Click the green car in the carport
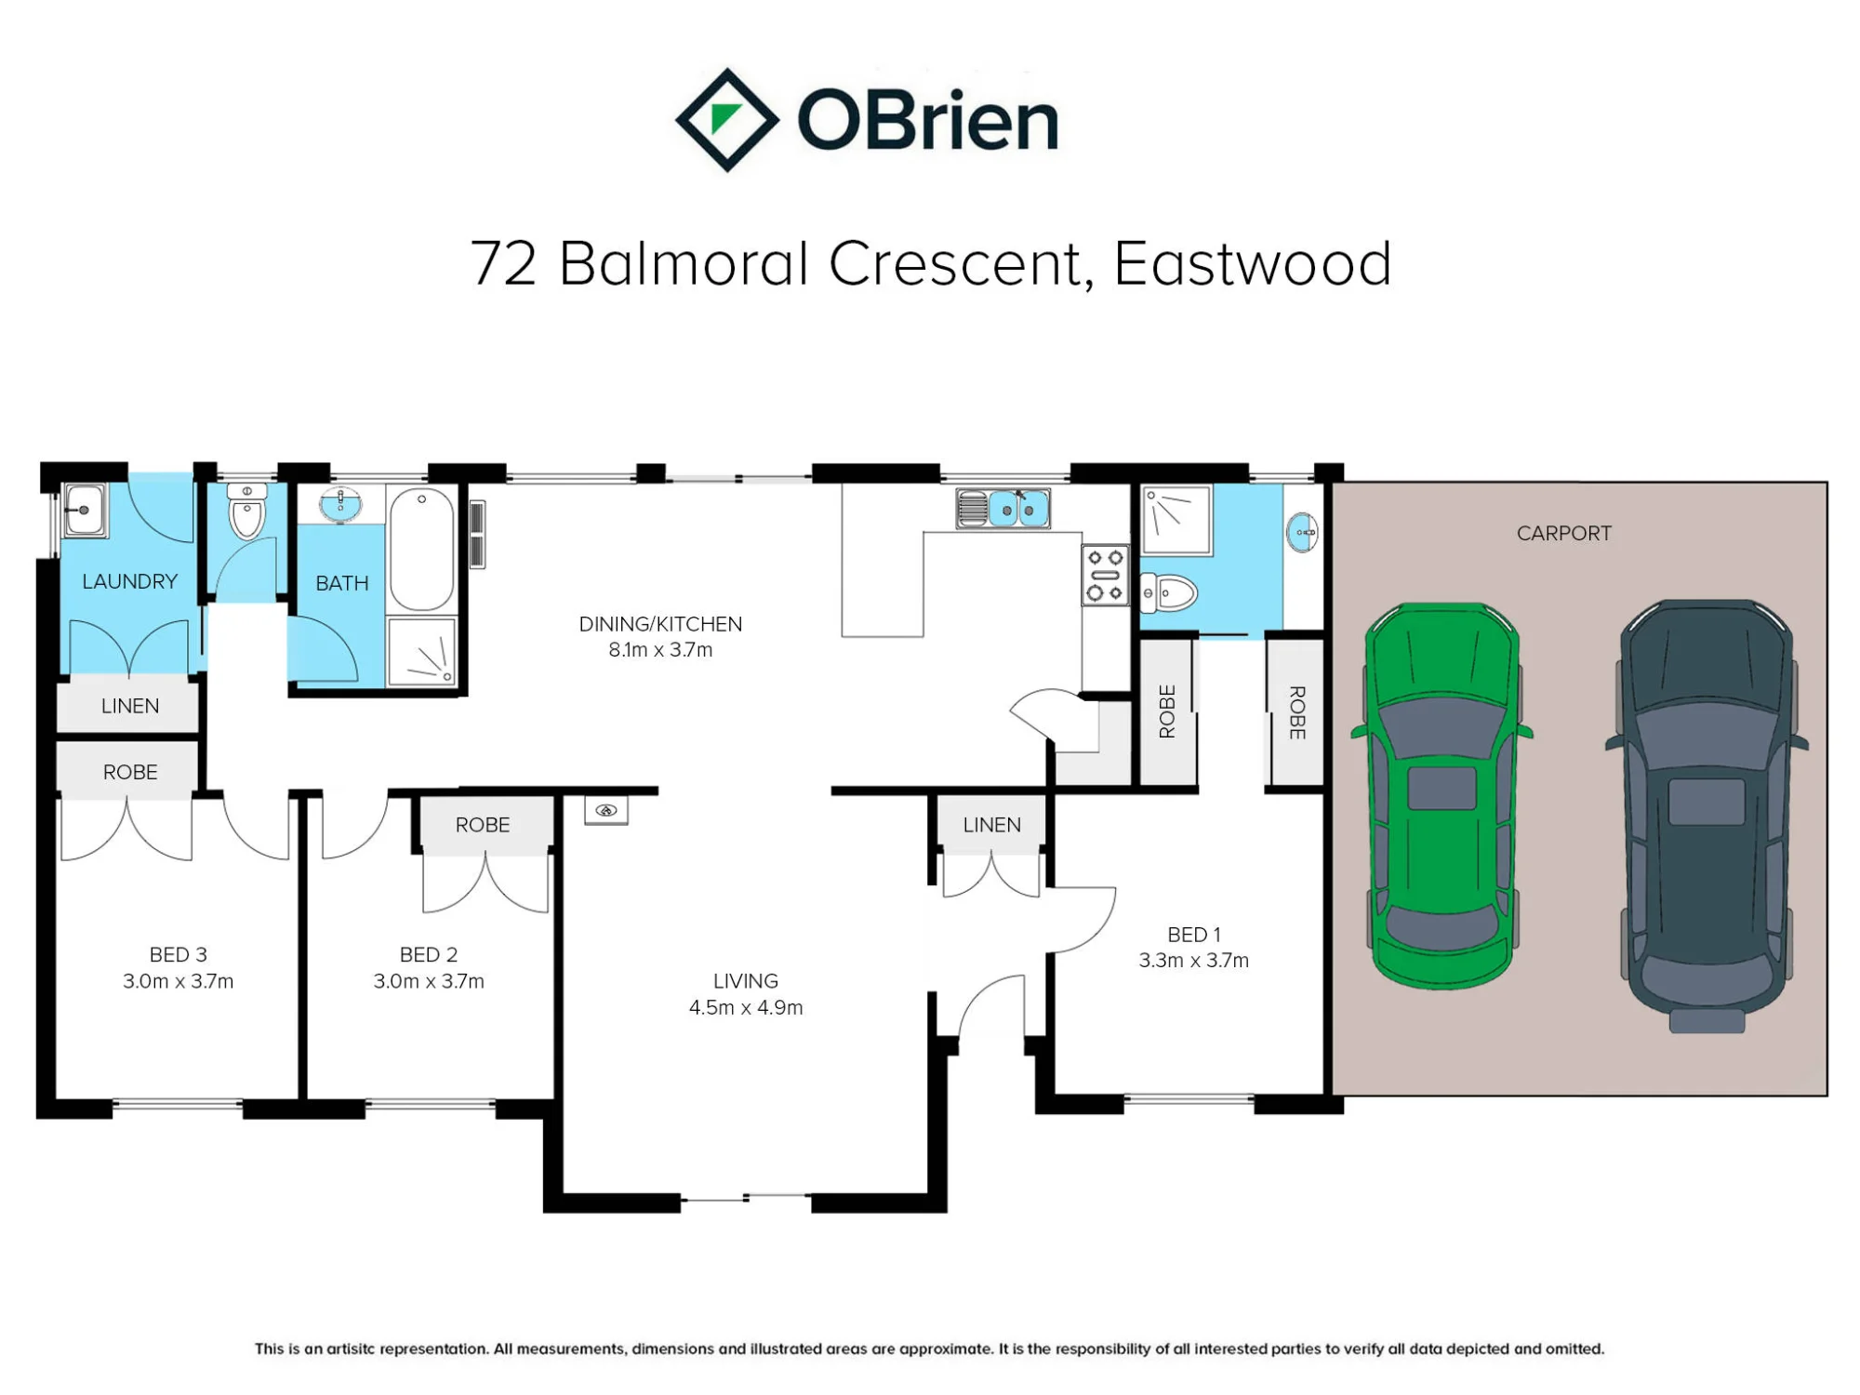1441,796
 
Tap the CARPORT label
1563,533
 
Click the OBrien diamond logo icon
726,120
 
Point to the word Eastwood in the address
1252,263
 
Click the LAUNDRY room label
129,581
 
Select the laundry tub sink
85,510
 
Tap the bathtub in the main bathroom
421,550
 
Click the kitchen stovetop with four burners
1105,575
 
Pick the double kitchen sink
1003,509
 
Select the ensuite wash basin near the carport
1302,532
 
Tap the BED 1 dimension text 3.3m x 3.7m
1193,960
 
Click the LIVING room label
745,980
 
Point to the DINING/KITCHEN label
660,624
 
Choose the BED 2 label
429,954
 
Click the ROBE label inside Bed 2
483,825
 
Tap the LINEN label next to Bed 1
991,825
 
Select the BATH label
342,583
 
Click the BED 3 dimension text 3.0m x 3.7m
178,980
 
